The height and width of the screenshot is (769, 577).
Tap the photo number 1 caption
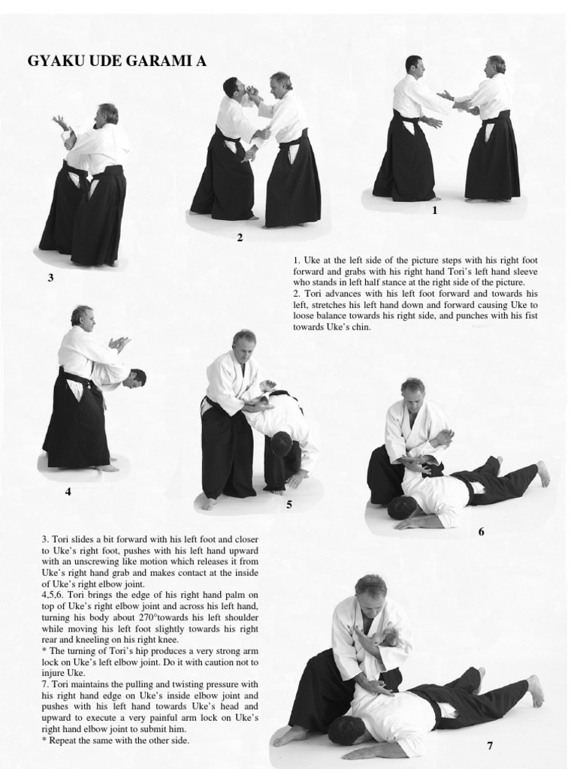pos(434,210)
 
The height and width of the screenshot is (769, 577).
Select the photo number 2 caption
pos(240,238)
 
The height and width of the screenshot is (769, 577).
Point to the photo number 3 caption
pos(50,278)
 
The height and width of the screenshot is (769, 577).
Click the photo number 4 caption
pos(68,491)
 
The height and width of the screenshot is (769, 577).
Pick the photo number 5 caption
pos(289,504)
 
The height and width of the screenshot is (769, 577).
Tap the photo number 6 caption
pos(481,532)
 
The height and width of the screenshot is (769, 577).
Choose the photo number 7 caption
pos(490,746)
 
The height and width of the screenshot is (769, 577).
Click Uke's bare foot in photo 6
pos(542,473)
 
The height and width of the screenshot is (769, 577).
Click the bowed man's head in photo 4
pos(134,379)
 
